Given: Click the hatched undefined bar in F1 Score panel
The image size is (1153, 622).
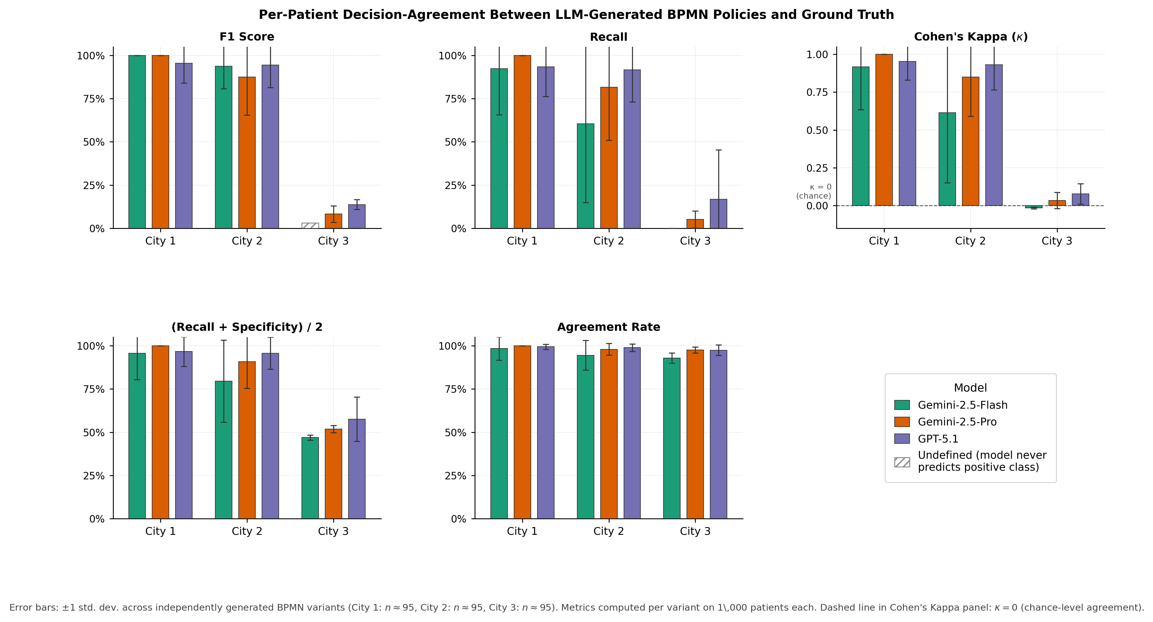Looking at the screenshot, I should (x=310, y=226).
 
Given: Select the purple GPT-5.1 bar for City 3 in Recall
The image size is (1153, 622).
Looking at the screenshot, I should (x=718, y=214).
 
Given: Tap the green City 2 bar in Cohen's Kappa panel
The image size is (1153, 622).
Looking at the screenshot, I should (x=947, y=159).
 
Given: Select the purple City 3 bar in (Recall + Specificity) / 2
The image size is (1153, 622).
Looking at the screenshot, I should (x=356, y=469).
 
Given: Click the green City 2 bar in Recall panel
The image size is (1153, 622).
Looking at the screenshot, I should (x=585, y=176).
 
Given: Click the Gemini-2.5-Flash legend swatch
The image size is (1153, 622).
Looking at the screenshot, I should (x=902, y=405).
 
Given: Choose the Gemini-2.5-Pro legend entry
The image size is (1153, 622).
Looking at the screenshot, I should (x=957, y=422).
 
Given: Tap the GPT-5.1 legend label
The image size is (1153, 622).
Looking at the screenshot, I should (x=938, y=439).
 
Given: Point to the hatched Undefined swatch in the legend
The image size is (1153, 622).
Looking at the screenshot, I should (x=902, y=462).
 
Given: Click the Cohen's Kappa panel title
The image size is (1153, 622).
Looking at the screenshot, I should (x=970, y=37).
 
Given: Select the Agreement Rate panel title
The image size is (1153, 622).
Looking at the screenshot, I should (x=608, y=327).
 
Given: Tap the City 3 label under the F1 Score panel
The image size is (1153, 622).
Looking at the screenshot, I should (x=333, y=241).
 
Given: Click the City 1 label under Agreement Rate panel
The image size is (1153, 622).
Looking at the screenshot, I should (x=522, y=531).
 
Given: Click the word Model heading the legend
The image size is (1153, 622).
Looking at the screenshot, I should (x=970, y=388).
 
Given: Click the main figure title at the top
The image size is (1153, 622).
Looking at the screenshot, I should (x=576, y=15).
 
